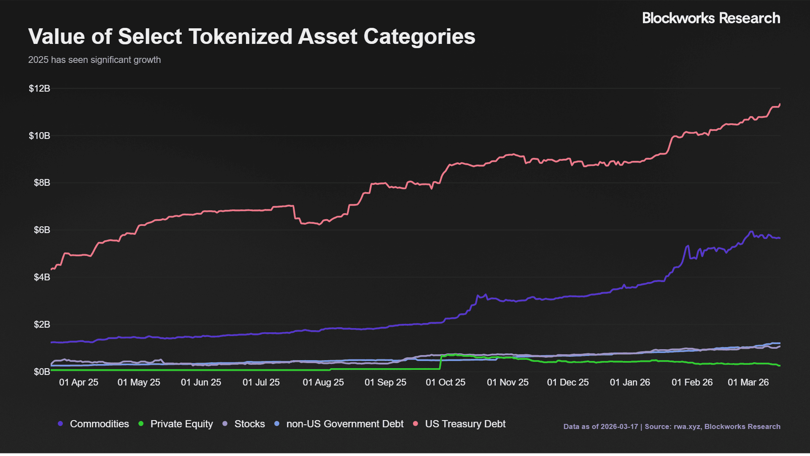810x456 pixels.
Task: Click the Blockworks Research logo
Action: click(x=711, y=18)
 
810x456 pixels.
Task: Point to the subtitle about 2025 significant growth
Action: click(x=94, y=60)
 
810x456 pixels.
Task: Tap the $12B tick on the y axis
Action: click(x=39, y=88)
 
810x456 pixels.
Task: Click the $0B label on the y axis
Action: click(x=42, y=372)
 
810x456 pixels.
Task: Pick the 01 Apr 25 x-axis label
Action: click(x=78, y=382)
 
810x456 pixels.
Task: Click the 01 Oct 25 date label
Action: click(x=445, y=382)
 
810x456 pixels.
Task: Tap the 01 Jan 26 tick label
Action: click(x=630, y=382)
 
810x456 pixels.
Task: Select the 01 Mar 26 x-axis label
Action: click(x=748, y=382)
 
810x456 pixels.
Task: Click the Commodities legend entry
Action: click(x=99, y=424)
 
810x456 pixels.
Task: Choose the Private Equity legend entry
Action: click(x=181, y=424)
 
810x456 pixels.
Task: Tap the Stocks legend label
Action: click(x=249, y=424)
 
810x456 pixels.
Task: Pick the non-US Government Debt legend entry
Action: click(x=345, y=424)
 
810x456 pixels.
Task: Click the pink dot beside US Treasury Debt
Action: click(x=416, y=423)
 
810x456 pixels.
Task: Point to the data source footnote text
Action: click(x=672, y=426)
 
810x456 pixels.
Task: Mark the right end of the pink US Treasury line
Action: click(x=780, y=104)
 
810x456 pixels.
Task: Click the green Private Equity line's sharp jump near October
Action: click(x=441, y=362)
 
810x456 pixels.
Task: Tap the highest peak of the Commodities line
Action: click(x=751, y=231)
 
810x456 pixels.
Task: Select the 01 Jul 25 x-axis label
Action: click(x=261, y=382)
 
